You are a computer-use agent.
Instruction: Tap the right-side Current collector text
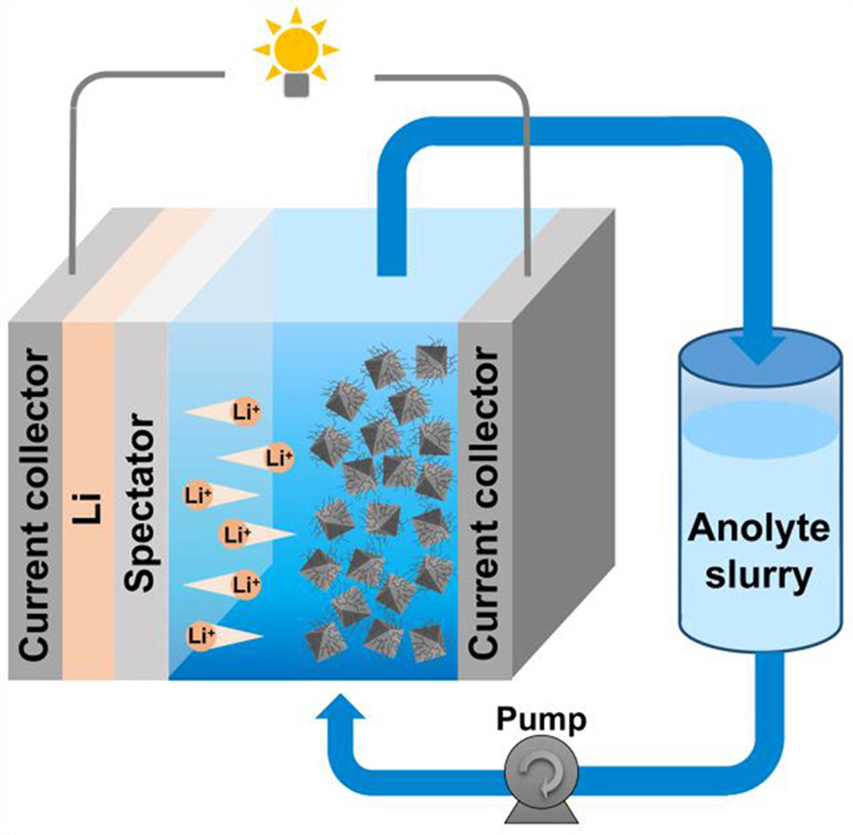[485, 504]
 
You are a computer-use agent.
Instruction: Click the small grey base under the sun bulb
[296, 86]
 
